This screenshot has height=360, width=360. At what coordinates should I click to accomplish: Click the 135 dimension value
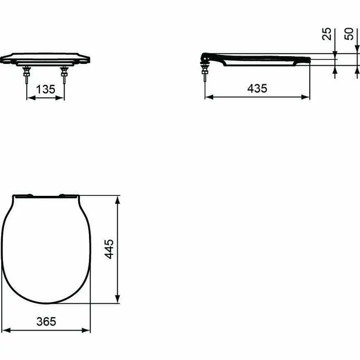pyautogui.click(x=45, y=89)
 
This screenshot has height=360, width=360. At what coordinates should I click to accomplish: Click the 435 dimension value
pyautogui.click(x=257, y=88)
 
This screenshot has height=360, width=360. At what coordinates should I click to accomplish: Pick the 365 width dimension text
pyautogui.click(x=45, y=321)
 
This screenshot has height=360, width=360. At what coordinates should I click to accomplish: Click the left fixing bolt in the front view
pyautogui.click(x=27, y=73)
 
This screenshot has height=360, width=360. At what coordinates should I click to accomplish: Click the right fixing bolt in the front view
pyautogui.click(x=63, y=73)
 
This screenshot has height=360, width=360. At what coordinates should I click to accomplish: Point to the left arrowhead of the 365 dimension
pyautogui.click(x=5, y=330)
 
